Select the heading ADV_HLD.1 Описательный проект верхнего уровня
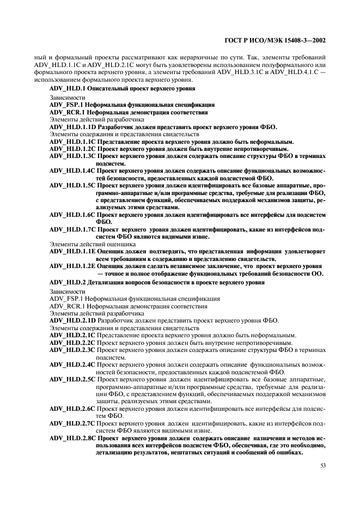pos(122,88)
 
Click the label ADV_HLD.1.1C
pos(72,141)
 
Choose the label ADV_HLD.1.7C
pos(72,229)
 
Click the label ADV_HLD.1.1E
pos(72,251)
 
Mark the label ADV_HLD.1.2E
pos(72,266)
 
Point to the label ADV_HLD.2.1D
pos(72,320)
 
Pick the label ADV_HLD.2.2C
pos(72,343)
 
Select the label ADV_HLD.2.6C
pos(72,408)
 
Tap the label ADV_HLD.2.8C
pos(72,438)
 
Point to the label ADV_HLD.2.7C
pos(72,423)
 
